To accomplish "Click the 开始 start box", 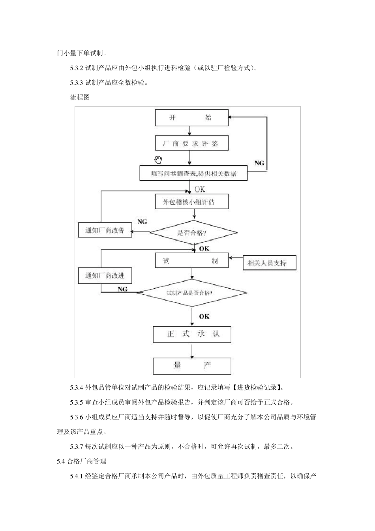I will (x=191, y=118).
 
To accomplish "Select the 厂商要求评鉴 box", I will (x=191, y=143).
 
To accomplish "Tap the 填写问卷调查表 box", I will (x=193, y=173).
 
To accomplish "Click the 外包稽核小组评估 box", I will (x=191, y=202).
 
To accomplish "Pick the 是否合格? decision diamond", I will (x=193, y=233).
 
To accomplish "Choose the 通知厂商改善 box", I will (x=105, y=231).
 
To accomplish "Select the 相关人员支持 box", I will (x=269, y=263).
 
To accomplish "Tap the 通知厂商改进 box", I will (x=105, y=275).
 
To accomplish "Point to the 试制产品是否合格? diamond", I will (x=192, y=293).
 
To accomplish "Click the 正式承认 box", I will (x=192, y=334).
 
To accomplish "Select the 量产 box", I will (x=192, y=366).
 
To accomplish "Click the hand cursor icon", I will (x=158, y=160).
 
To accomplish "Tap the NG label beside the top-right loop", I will (x=259, y=163).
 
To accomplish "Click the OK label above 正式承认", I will (x=204, y=316).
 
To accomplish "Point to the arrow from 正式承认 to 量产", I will (x=192, y=350).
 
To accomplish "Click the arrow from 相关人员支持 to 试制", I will (x=236, y=258).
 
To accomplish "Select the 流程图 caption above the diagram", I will (x=80, y=97).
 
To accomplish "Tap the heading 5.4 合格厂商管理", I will (x=81, y=461).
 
